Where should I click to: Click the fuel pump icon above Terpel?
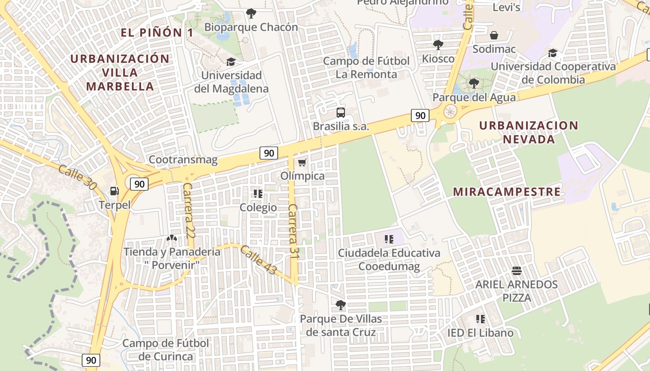114,191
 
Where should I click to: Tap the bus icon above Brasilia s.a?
341,112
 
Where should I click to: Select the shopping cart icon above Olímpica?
302,162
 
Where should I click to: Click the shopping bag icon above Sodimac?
494,35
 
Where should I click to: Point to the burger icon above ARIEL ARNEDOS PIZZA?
516,270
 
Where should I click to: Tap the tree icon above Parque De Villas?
341,305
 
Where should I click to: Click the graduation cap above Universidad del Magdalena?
231,62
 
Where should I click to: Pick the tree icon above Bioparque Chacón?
251,13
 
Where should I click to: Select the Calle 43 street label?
258,260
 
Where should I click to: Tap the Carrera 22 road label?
188,211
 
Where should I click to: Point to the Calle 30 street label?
78,177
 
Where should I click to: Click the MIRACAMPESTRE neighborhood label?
507,192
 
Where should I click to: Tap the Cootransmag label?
183,160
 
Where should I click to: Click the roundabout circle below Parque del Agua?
450,111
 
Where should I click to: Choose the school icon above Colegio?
258,193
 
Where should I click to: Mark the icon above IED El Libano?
481,319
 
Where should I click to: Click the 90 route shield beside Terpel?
139,184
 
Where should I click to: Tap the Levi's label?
506,7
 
